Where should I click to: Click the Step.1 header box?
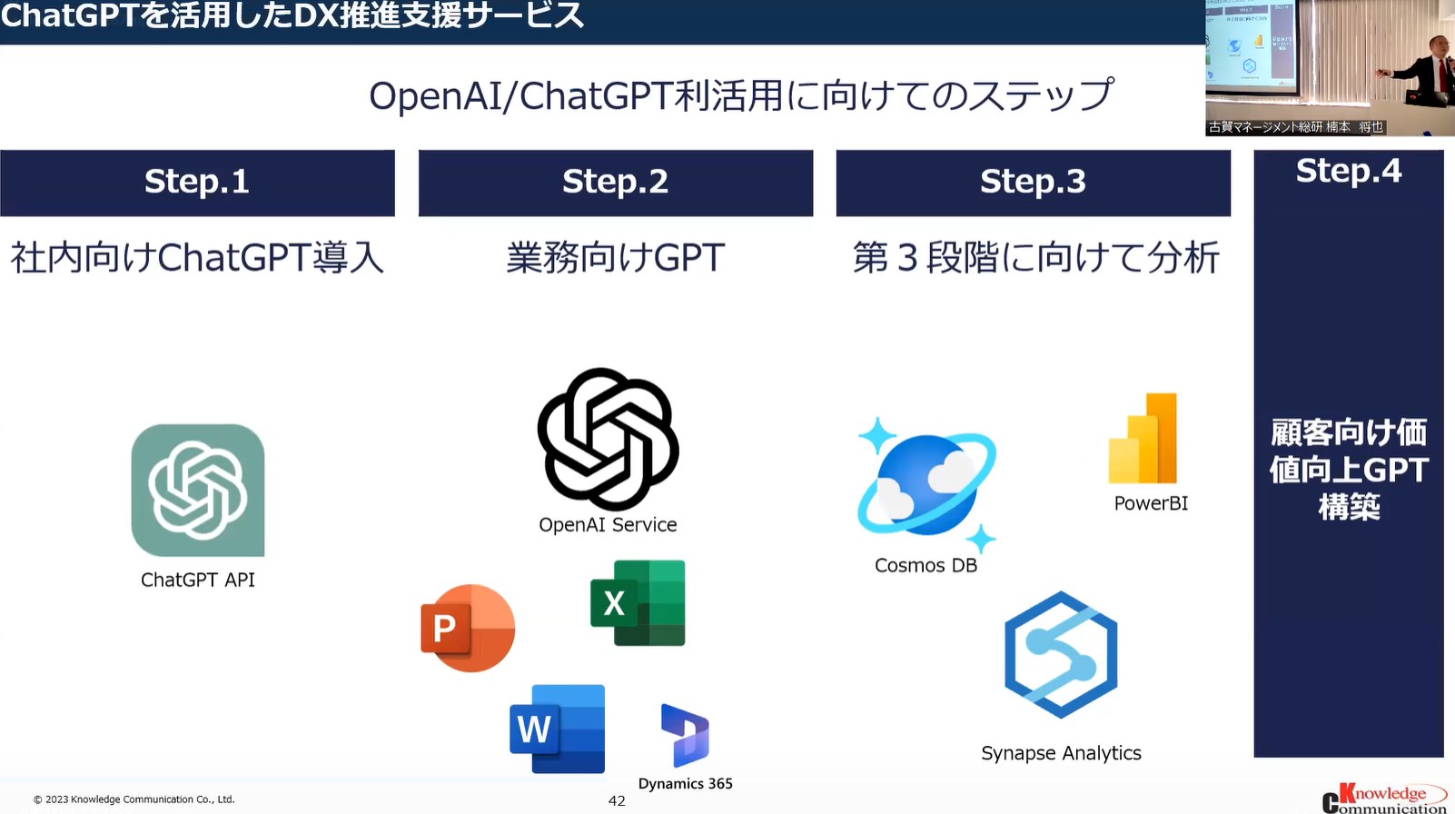coord(197,184)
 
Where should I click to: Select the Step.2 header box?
coord(616,184)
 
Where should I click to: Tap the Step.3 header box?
coord(1034,184)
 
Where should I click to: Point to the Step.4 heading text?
coord(1349,172)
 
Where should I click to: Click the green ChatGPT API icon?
coord(197,491)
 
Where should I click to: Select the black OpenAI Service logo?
coord(608,439)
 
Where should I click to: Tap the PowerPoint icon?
coord(468,628)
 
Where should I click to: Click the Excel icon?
coord(638,603)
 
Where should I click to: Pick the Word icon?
coord(558,729)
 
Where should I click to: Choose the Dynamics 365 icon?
coord(685,735)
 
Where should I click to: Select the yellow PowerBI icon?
coord(1143,439)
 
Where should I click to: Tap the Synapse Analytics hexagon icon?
coord(1061,655)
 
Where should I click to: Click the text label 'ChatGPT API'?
coord(197,580)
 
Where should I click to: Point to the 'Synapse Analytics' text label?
coord(1061,753)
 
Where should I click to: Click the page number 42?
coord(617,801)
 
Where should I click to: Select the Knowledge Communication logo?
coord(1385,799)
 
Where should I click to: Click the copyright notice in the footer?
coord(134,799)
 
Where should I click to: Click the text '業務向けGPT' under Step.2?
coord(615,258)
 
